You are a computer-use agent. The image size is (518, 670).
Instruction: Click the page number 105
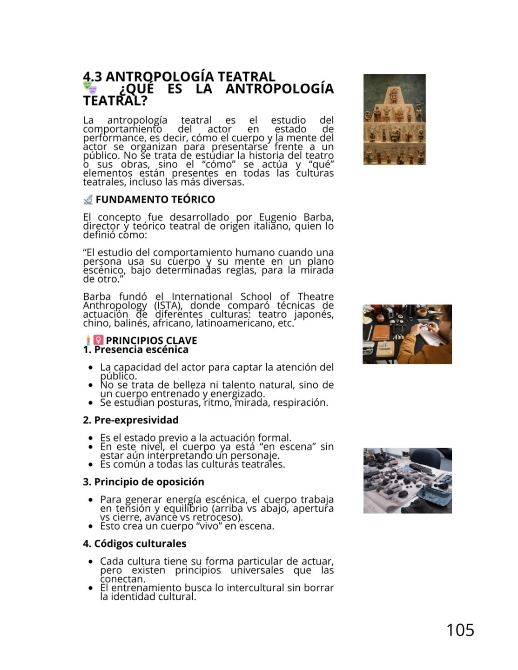[460, 630]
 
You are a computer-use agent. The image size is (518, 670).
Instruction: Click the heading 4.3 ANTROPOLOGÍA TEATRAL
[179, 76]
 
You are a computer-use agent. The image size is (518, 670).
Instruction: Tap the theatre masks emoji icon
[90, 87]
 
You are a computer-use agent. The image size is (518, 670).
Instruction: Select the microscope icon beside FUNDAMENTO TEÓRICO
[88, 200]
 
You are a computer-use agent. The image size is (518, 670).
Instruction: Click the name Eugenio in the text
[278, 217]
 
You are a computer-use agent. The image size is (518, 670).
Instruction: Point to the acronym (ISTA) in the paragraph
[168, 306]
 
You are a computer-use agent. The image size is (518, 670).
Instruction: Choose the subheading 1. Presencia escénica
[135, 350]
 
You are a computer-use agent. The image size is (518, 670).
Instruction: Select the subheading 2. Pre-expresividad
[131, 420]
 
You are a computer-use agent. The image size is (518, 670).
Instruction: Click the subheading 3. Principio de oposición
[143, 482]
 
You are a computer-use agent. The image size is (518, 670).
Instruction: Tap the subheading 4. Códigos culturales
[135, 544]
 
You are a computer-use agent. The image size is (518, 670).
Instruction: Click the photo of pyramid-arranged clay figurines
[394, 119]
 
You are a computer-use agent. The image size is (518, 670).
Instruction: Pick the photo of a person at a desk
[407, 334]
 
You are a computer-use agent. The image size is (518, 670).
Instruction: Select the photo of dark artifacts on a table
[407, 480]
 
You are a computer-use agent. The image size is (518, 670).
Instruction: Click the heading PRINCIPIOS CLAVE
[151, 341]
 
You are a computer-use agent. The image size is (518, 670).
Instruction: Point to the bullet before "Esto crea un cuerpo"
[91, 527]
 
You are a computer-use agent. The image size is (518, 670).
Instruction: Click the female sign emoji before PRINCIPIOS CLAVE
[98, 341]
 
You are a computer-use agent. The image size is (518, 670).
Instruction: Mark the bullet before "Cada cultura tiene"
[91, 562]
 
